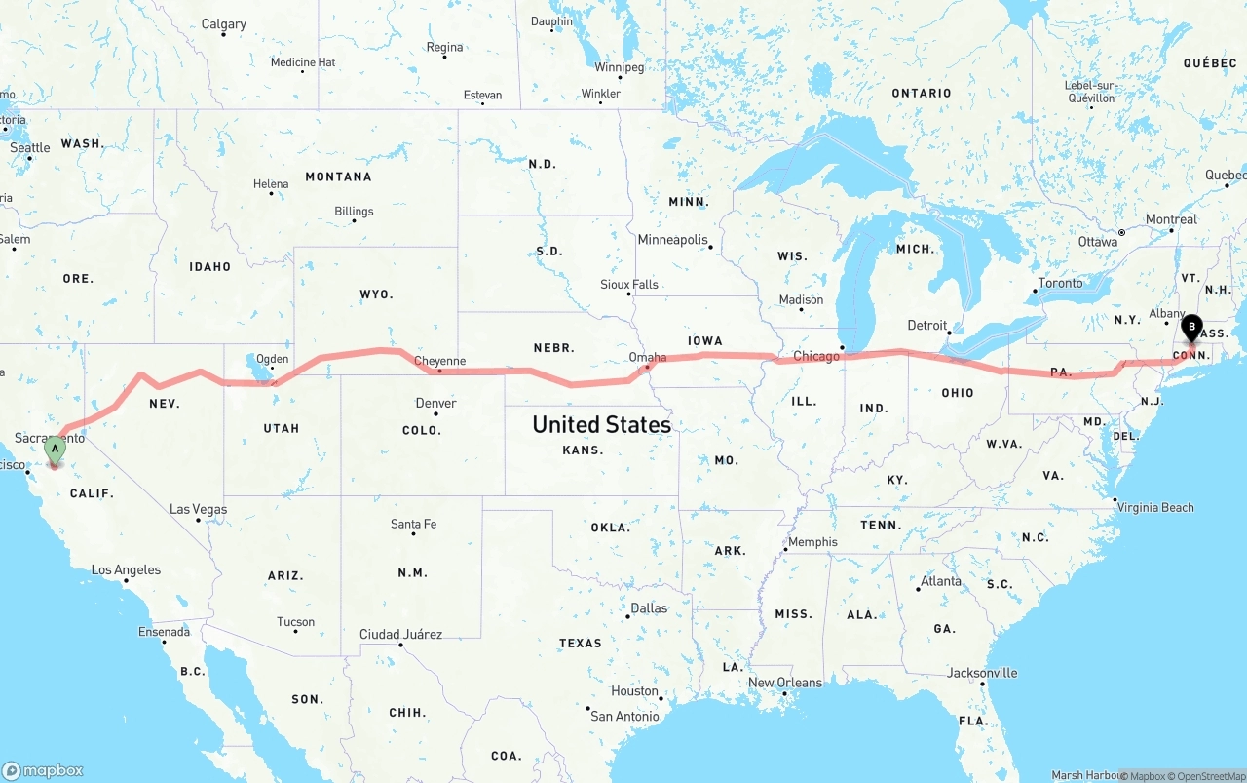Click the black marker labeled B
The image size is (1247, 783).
click(1190, 329)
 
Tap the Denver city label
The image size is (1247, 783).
click(435, 403)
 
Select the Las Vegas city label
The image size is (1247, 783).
click(198, 509)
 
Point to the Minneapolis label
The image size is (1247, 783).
click(672, 239)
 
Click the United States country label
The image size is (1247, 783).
click(601, 424)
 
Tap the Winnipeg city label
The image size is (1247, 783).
click(620, 67)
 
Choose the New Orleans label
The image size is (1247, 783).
click(785, 683)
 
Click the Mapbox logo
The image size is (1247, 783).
click(43, 770)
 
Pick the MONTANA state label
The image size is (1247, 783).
click(338, 176)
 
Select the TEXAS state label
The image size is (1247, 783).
click(581, 643)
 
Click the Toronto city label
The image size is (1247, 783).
click(1060, 283)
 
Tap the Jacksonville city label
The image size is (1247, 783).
click(982, 673)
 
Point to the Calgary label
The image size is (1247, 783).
click(223, 24)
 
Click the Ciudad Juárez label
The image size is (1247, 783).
click(400, 634)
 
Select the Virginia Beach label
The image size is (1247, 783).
click(1154, 507)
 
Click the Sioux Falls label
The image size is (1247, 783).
click(629, 285)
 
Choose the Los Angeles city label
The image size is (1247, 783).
click(126, 569)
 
